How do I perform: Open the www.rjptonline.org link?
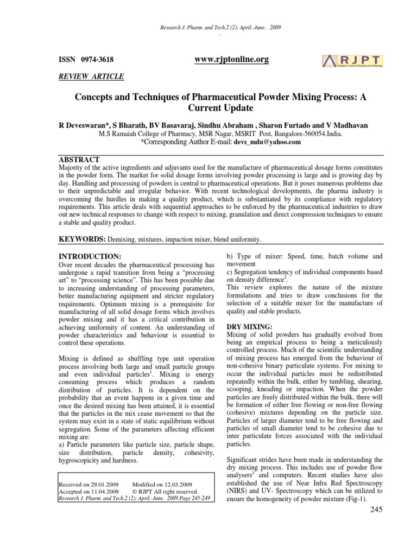[231, 59]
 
